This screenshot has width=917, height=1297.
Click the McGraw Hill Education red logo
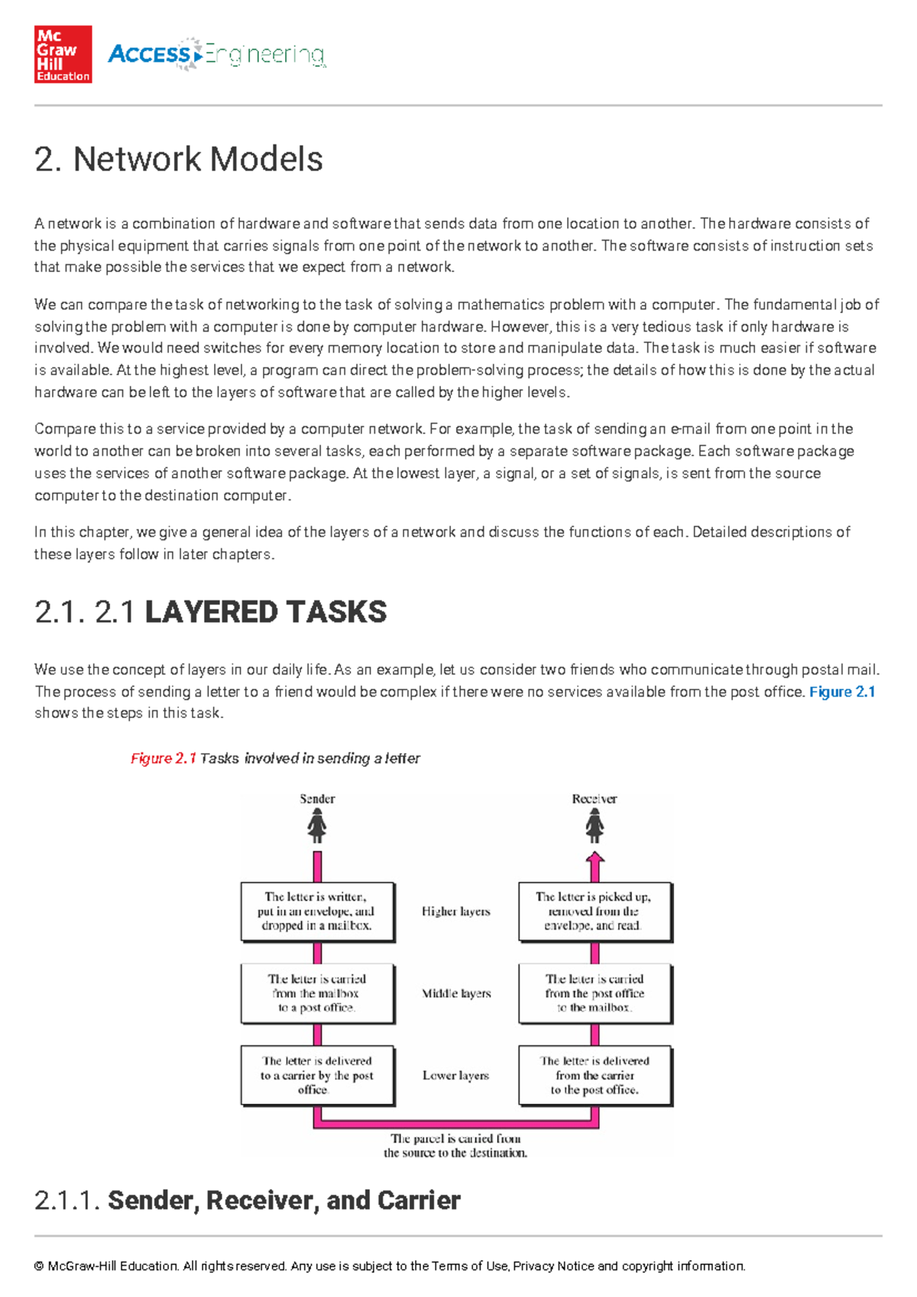(x=63, y=54)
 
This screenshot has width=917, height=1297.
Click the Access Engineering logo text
(x=217, y=55)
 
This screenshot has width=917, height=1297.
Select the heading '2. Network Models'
(x=179, y=160)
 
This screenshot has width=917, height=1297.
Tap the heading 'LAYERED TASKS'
(x=265, y=613)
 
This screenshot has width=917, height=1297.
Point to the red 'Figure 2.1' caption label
(x=164, y=758)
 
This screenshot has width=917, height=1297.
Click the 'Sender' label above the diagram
(x=317, y=799)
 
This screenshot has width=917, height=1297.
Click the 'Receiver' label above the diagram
(x=595, y=799)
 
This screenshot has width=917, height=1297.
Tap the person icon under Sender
(x=317, y=826)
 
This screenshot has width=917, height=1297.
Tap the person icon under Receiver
(x=595, y=826)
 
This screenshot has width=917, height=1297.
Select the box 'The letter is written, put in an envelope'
(x=317, y=911)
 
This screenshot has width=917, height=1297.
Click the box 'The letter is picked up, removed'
(x=595, y=911)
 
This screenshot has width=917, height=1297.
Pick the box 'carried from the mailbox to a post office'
(x=317, y=993)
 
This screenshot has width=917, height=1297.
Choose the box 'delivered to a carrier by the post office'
(x=317, y=1075)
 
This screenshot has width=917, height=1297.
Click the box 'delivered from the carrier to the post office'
(x=595, y=1075)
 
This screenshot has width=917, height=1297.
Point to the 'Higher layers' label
(x=456, y=911)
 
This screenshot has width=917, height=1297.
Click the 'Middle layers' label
(x=456, y=993)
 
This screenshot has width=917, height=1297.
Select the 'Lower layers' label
(x=456, y=1075)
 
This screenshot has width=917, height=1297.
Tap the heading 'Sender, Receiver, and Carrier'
(x=284, y=1200)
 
